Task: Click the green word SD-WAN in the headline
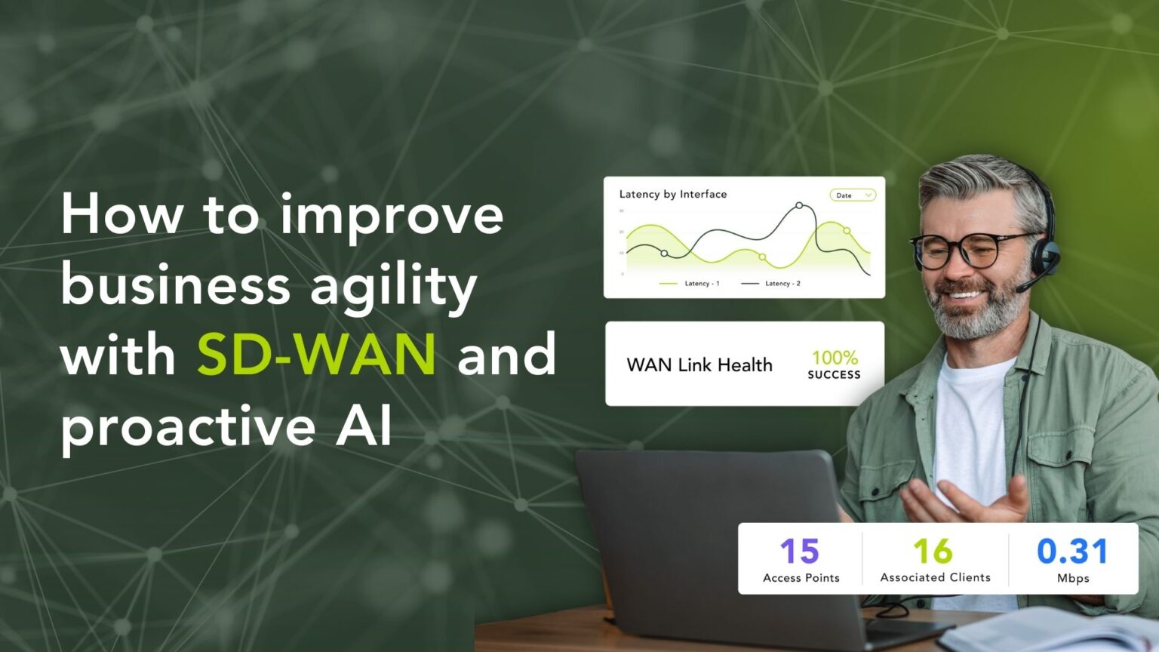point(316,354)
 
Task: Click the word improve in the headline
point(391,216)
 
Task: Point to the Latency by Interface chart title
point(672,194)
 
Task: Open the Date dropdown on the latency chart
point(853,195)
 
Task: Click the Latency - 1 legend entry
point(690,284)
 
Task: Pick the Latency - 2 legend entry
point(771,284)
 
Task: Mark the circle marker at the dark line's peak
point(799,205)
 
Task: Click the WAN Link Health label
point(699,365)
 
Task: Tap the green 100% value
point(835,357)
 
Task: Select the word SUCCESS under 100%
point(834,374)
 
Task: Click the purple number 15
point(800,551)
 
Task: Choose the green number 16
point(933,551)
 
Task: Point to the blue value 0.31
point(1072,551)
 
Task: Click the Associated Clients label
point(935,577)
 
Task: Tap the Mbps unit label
point(1072,578)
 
